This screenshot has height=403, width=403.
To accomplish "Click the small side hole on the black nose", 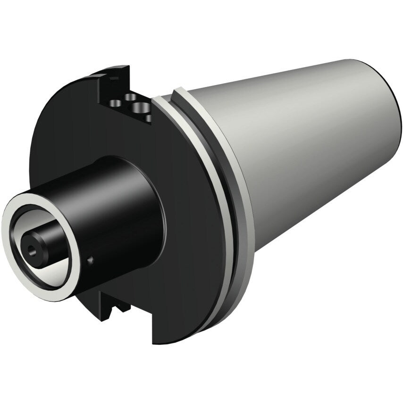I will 91,260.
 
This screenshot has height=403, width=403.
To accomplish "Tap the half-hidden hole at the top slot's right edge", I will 150,118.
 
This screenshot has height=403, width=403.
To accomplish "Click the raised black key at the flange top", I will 113,76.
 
